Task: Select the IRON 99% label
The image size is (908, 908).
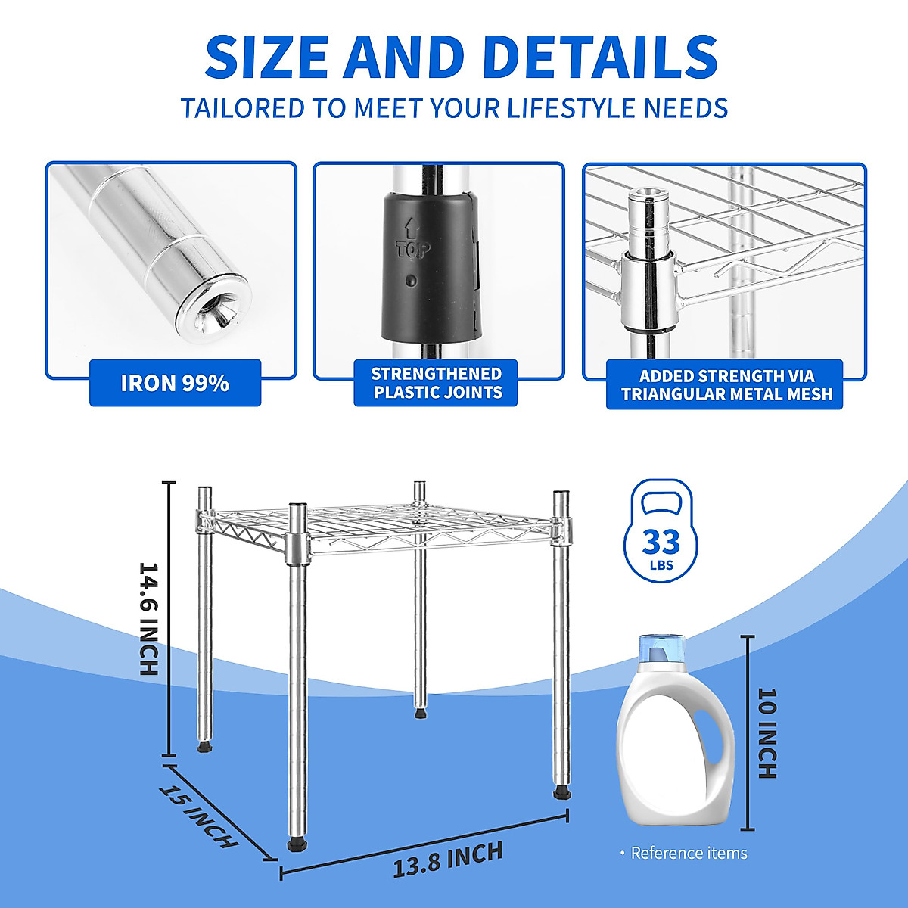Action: [x=175, y=383]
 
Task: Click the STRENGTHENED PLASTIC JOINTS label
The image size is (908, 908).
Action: [x=437, y=383]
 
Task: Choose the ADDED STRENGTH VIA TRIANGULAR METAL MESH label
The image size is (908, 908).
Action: [x=725, y=384]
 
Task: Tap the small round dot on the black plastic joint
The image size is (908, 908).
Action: [x=411, y=281]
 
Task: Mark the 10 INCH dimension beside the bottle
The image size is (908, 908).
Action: [x=767, y=732]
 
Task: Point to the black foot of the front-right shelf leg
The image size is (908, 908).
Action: [x=561, y=793]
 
